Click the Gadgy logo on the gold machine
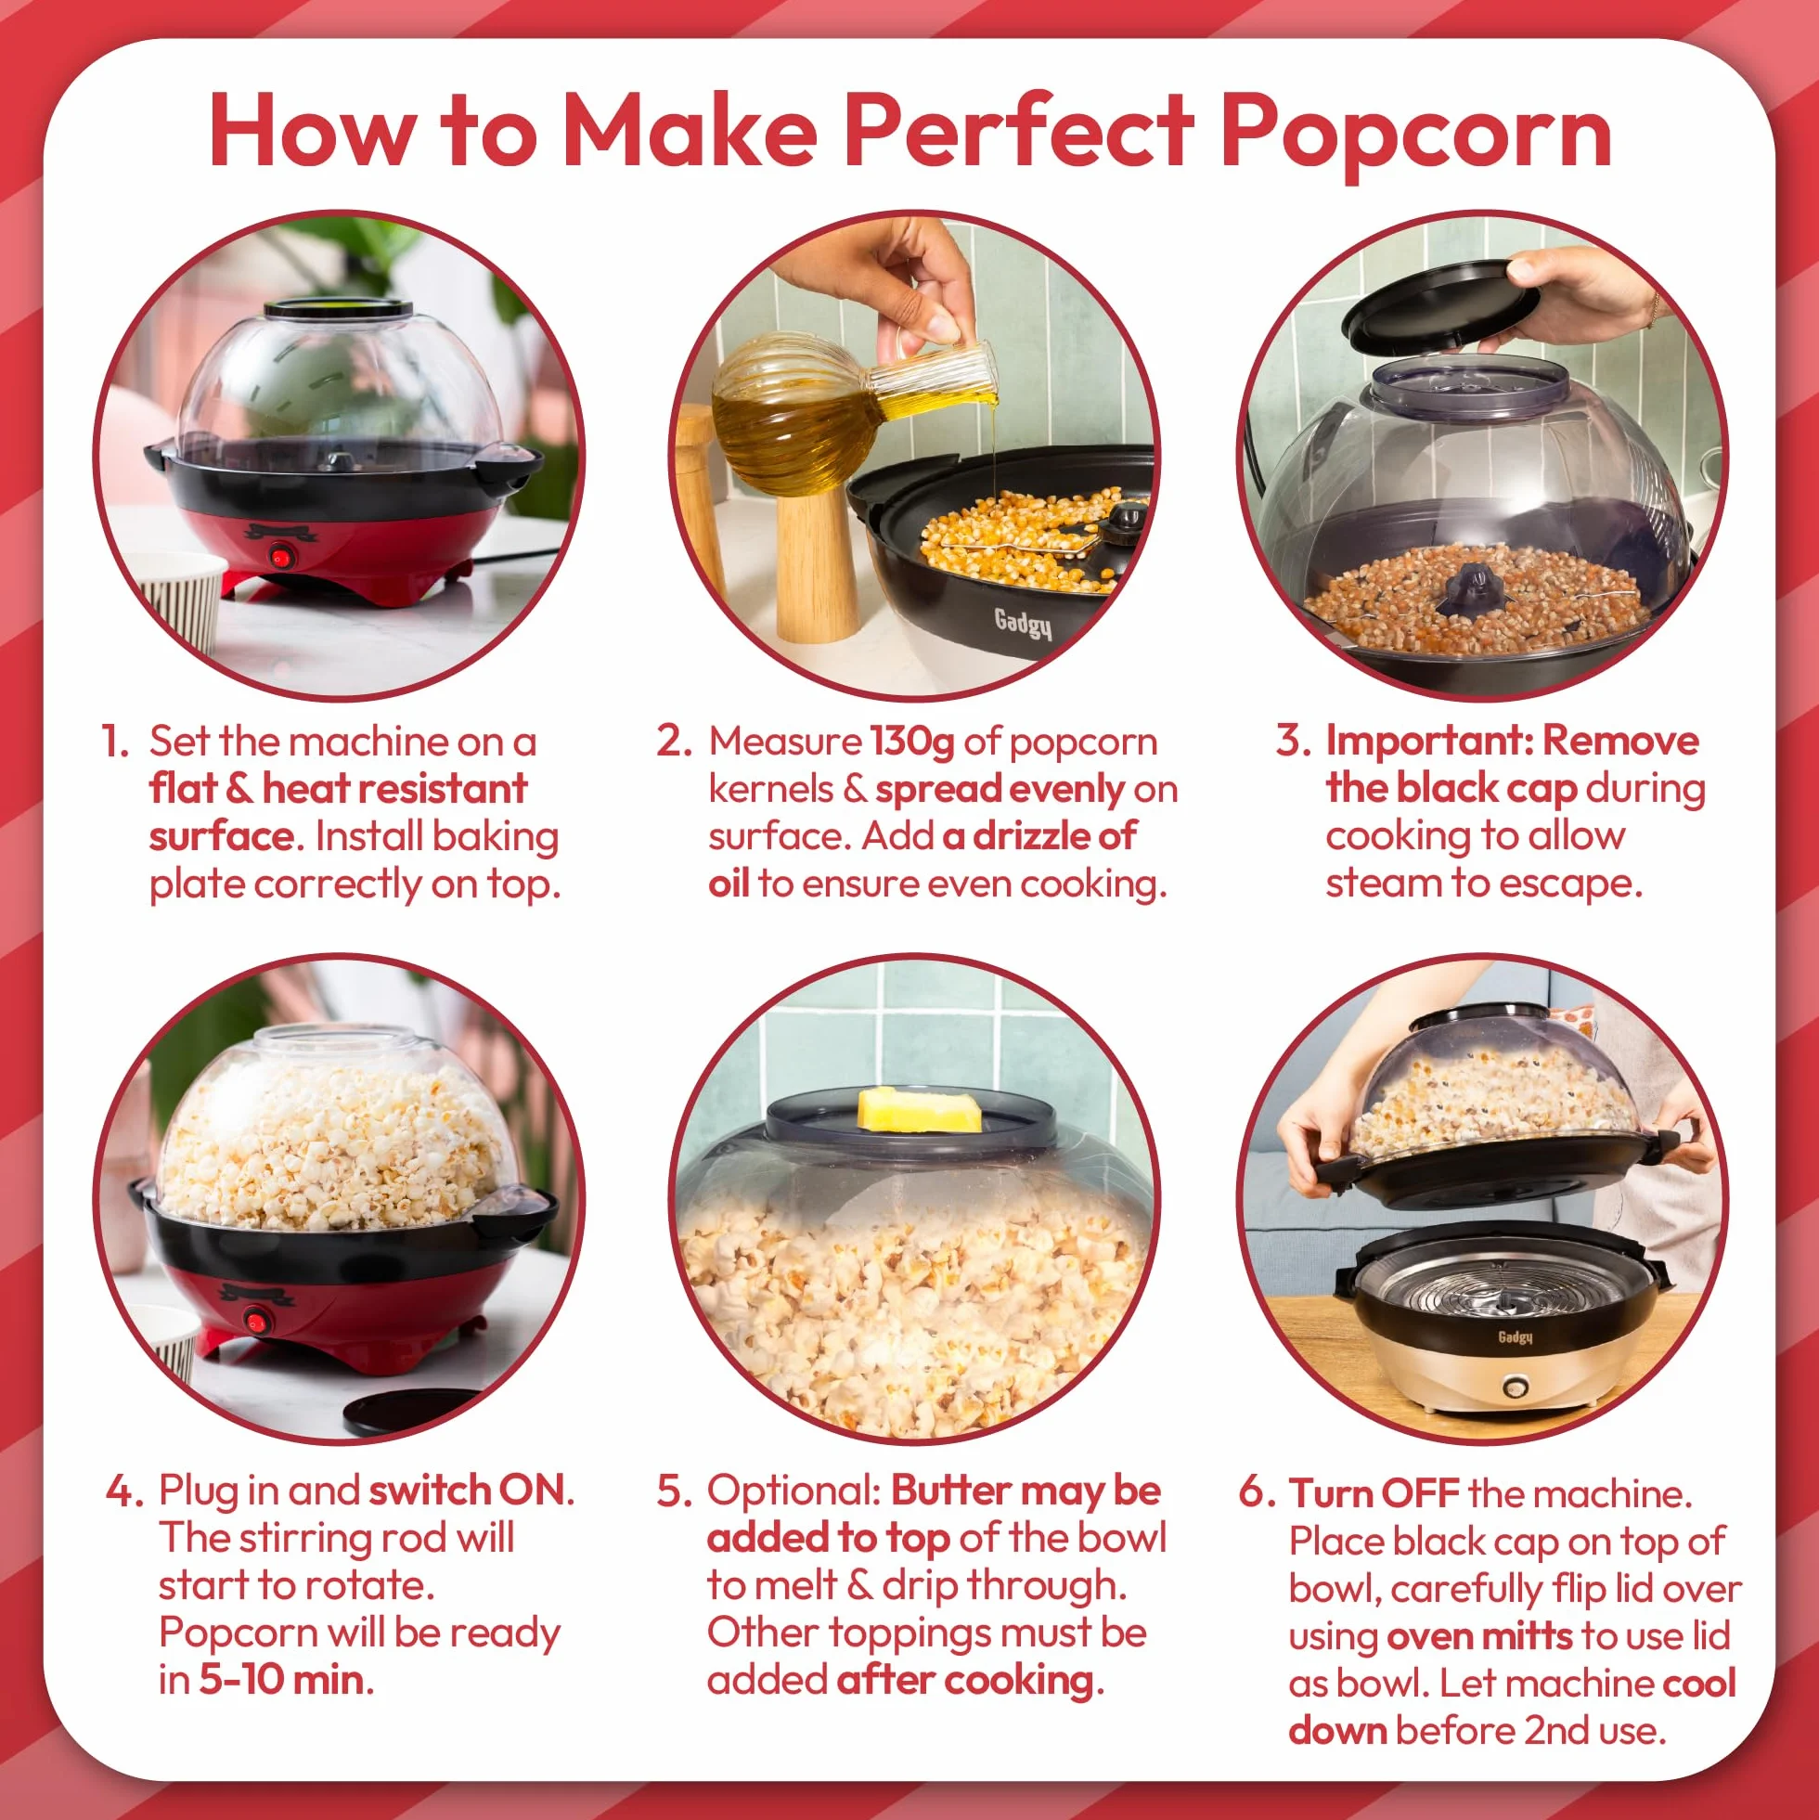point(1515,1336)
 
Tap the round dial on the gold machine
point(1514,1388)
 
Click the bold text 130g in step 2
point(912,742)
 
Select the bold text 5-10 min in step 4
point(280,1680)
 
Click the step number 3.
point(1293,741)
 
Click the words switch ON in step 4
point(466,1491)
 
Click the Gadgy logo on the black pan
point(1023,622)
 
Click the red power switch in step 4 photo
point(255,1321)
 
